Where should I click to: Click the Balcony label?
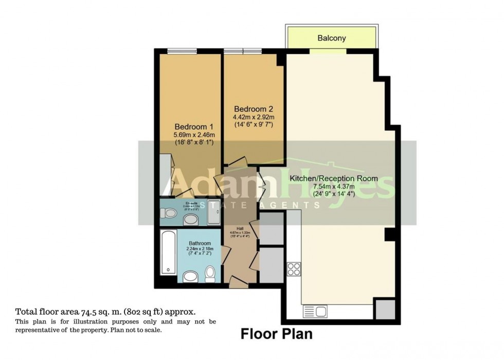tap(331, 38)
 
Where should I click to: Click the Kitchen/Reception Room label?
tap(334, 178)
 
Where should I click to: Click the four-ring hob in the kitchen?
tap(294, 268)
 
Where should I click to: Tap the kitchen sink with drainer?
tap(314, 311)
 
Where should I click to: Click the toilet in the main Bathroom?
tap(210, 274)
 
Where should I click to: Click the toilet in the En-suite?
tap(169, 213)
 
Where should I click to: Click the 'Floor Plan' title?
tap(277, 334)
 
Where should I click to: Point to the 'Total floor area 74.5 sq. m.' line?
tap(105, 312)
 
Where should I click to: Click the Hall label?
tap(240, 229)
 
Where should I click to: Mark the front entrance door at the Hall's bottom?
tap(237, 281)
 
